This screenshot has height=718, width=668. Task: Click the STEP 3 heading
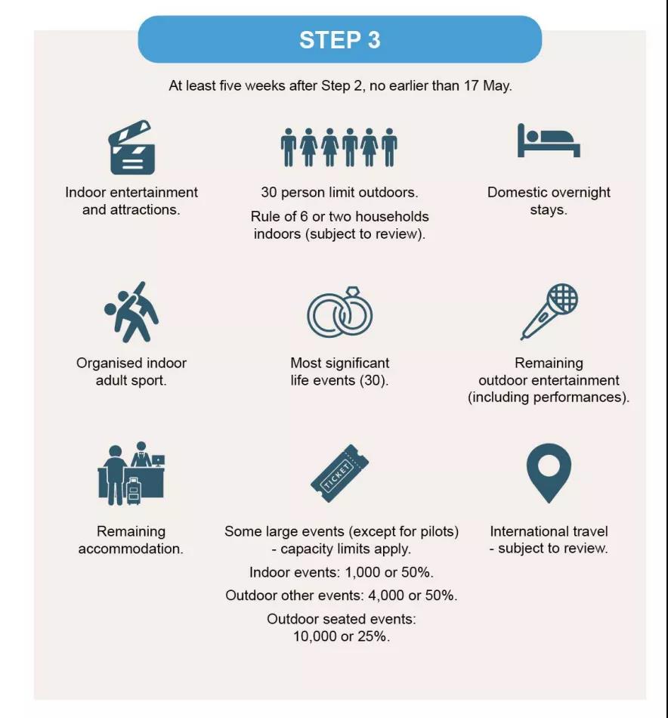pos(339,39)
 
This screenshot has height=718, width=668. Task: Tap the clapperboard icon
pos(131,149)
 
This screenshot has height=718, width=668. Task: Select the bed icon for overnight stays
pos(548,141)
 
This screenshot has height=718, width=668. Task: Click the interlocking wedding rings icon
pos(339,311)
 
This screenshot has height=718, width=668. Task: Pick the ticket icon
pos(339,473)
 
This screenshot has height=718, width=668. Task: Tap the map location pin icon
pos(549,471)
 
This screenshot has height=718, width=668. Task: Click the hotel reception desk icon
pos(131,474)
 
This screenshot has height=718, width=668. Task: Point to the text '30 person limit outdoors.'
pos(339,193)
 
